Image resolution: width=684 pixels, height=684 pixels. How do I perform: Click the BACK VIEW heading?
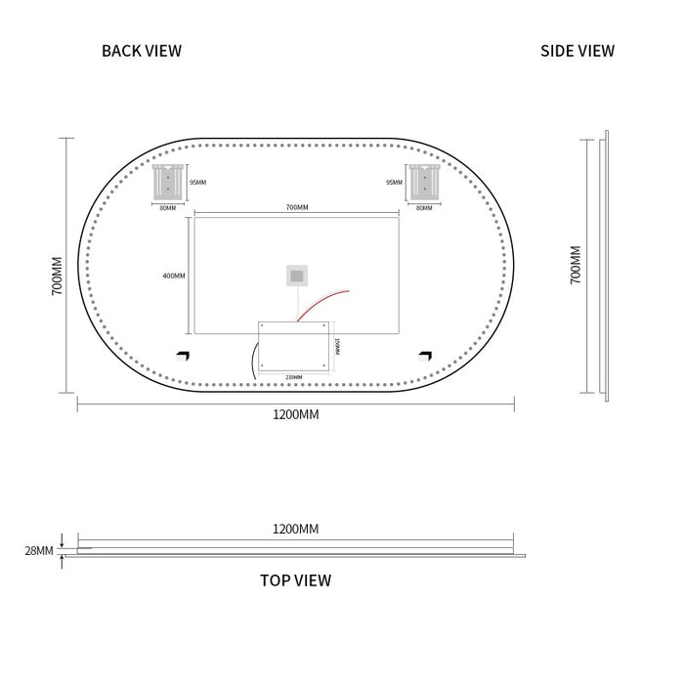[x=142, y=51]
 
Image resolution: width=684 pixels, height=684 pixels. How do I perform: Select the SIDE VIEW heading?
[x=577, y=51]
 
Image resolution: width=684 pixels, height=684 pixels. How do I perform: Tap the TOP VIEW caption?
[x=295, y=580]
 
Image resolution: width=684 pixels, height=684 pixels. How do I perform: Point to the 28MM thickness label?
[x=39, y=551]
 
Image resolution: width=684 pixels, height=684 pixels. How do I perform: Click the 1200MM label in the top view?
[x=295, y=529]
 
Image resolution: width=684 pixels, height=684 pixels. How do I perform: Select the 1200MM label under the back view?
[x=295, y=414]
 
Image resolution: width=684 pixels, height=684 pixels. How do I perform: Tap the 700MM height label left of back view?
[x=58, y=277]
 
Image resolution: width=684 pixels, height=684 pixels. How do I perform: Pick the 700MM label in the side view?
[x=576, y=265]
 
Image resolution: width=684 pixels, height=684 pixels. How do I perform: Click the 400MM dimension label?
[x=174, y=276]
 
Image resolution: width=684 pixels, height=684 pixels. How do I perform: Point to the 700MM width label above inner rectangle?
[x=297, y=207]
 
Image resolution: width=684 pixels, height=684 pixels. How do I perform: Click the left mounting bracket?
[x=168, y=182]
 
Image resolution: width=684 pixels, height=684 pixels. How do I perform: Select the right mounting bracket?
[x=424, y=182]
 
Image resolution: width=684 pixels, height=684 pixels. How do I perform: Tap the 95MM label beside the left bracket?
[x=197, y=182]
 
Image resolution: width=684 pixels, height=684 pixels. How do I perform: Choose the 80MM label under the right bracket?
[x=424, y=207]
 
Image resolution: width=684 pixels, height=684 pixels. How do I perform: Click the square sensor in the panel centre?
[x=296, y=276]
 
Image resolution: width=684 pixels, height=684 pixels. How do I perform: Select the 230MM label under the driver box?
[x=293, y=376]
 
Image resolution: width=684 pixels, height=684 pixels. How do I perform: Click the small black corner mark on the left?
[x=182, y=356]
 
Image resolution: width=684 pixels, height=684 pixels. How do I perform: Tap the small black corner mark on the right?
[x=425, y=356]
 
